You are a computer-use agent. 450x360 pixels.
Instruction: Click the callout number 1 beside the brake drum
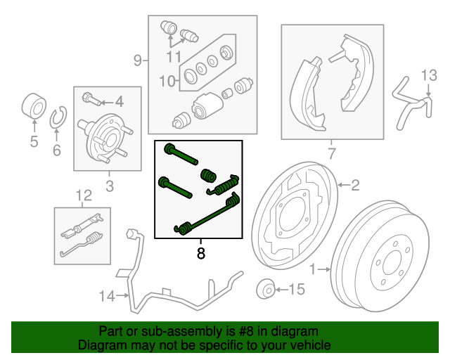(312, 269)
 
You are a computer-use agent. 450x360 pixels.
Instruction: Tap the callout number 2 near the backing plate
(355, 186)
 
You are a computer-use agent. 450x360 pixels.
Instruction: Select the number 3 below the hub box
(109, 186)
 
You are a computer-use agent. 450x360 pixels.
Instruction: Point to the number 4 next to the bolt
(119, 101)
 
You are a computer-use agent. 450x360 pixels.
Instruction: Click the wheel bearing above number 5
(34, 107)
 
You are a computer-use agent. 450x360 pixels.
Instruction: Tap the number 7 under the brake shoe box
(332, 154)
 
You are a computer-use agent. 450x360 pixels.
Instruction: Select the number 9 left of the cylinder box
(138, 60)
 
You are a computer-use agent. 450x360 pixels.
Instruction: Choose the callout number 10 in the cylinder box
(167, 82)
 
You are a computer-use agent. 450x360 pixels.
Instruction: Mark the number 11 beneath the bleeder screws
(174, 56)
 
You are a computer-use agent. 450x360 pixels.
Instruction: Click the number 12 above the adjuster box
(84, 195)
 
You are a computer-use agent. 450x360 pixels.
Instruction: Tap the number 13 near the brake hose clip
(429, 75)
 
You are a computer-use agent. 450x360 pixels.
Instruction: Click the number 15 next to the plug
(297, 289)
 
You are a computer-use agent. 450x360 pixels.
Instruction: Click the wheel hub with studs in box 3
(105, 134)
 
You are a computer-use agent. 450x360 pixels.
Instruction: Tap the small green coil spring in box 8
(207, 174)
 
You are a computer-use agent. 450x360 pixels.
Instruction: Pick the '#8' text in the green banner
(233, 331)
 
